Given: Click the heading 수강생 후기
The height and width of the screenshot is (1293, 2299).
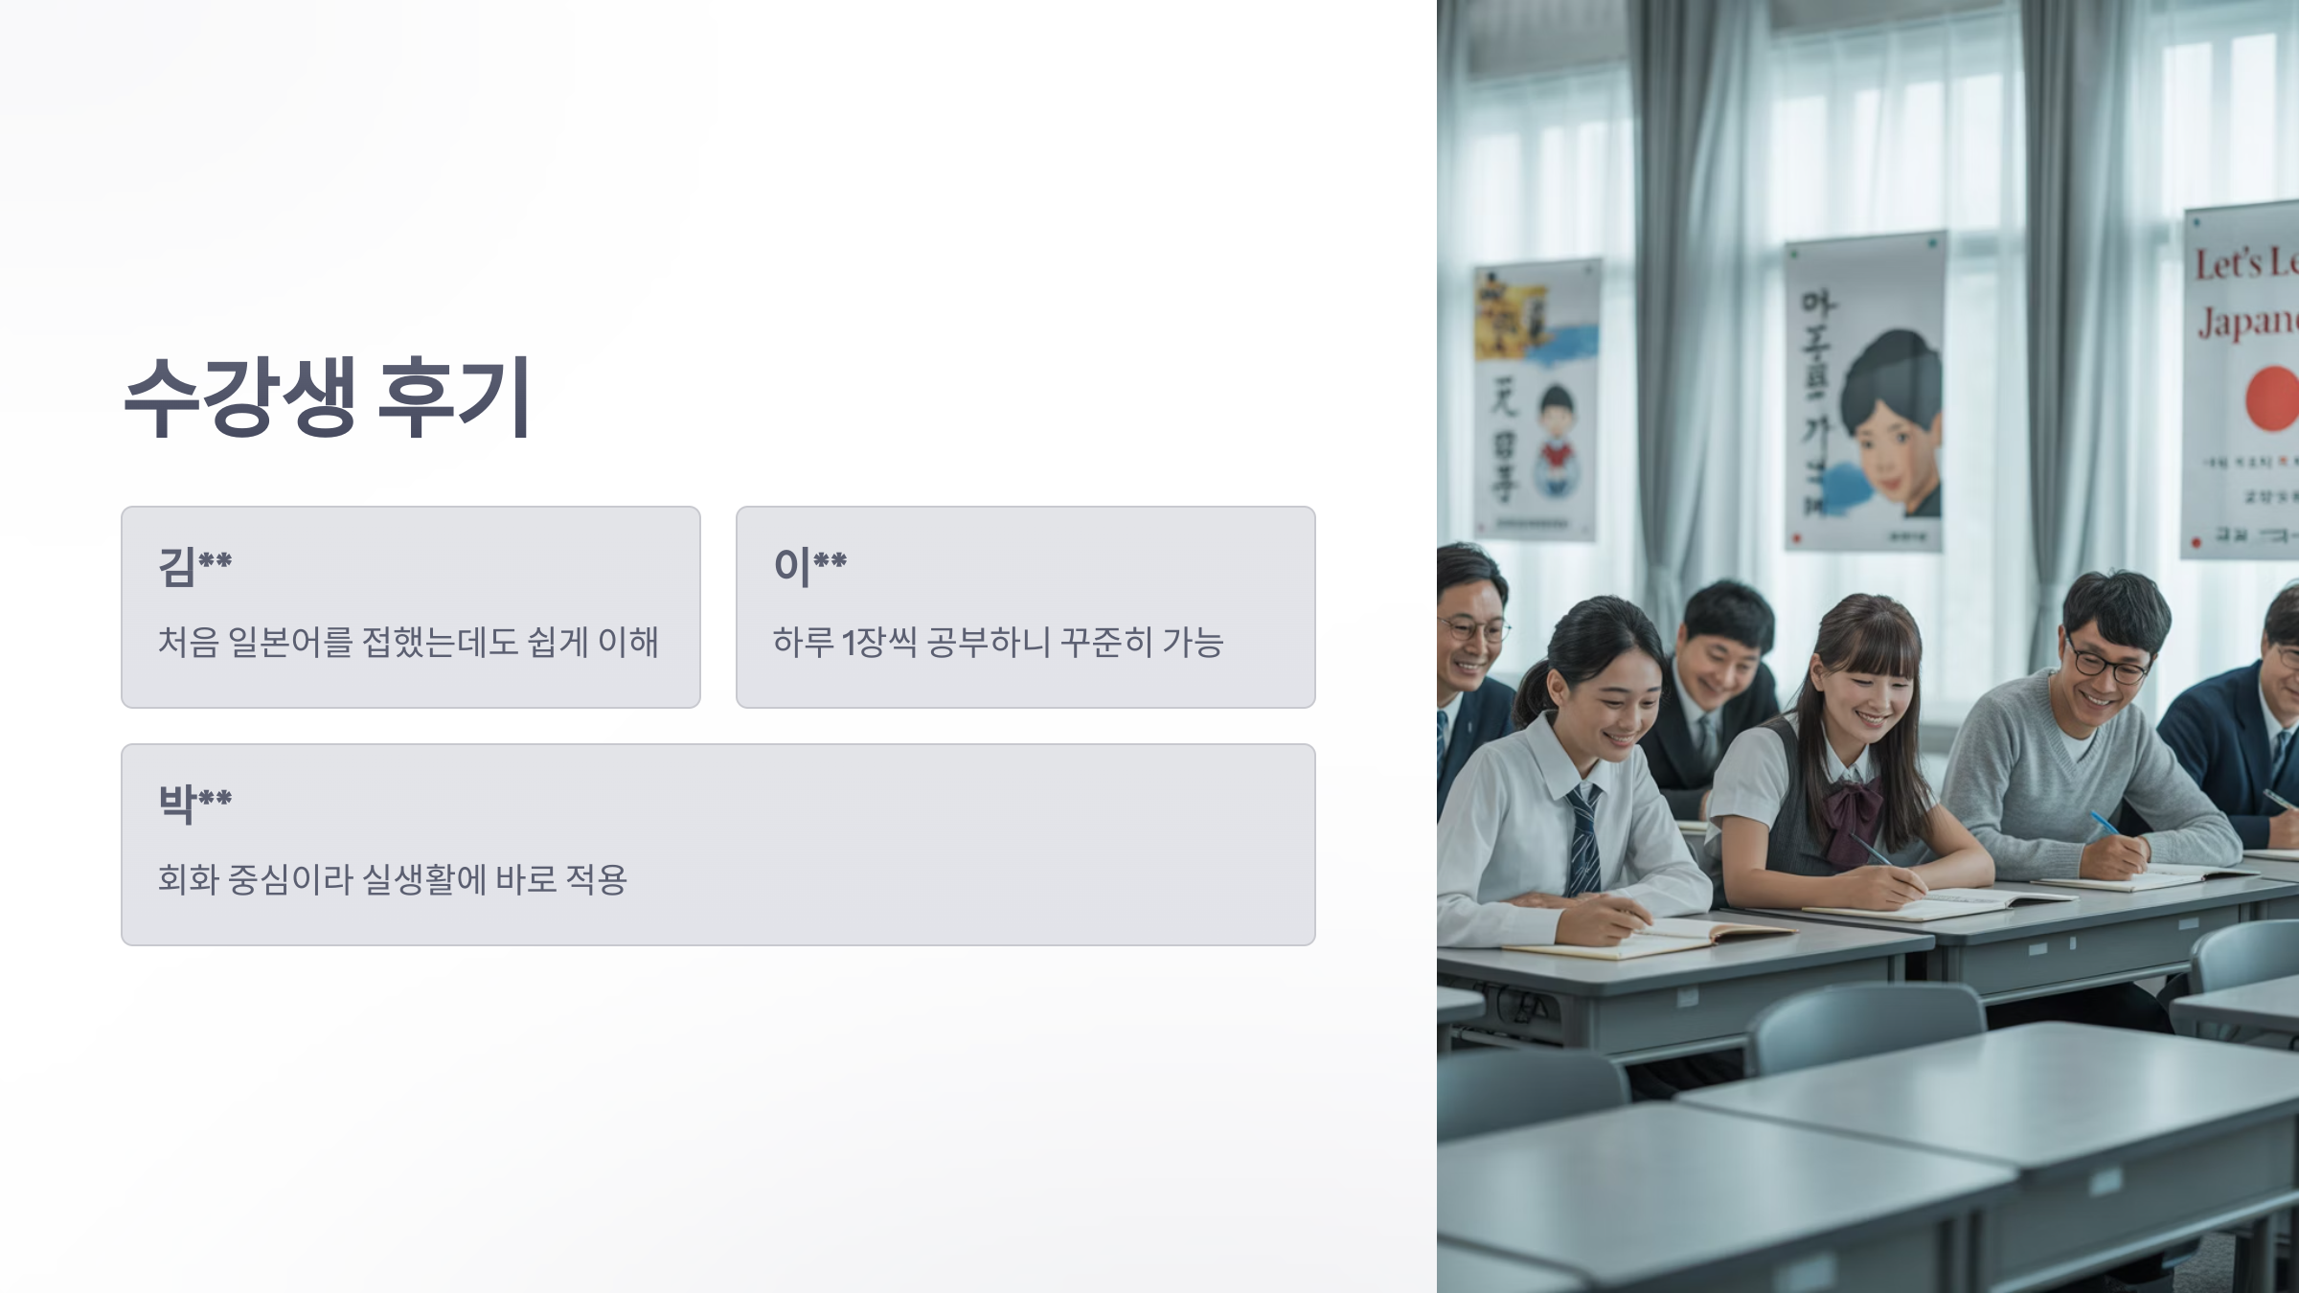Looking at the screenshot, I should click(327, 397).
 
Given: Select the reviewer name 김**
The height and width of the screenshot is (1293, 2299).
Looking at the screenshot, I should click(194, 565).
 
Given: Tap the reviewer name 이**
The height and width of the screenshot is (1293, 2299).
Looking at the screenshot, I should click(809, 565).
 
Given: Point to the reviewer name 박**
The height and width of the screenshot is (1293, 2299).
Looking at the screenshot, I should click(194, 803).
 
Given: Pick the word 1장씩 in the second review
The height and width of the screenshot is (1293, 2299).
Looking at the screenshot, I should click(879, 642).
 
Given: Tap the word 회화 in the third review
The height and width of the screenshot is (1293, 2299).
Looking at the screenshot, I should click(188, 879).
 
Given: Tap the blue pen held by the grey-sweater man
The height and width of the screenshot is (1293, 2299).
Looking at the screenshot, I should click(2106, 824).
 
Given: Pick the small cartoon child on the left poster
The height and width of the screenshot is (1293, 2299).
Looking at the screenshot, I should click(1556, 441).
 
